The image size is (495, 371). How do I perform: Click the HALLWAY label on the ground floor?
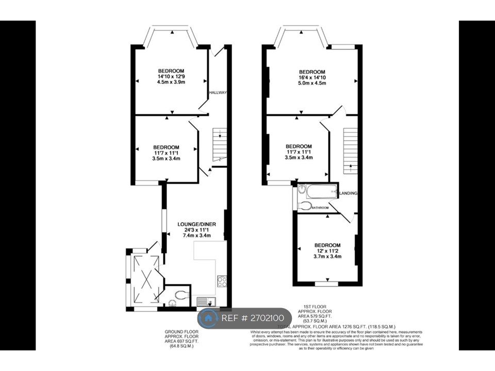point(218,92)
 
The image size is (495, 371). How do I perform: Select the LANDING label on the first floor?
point(349,193)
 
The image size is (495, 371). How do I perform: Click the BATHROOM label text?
point(320,208)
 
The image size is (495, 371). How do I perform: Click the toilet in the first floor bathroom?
point(305,206)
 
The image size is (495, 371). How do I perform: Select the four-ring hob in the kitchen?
point(222,281)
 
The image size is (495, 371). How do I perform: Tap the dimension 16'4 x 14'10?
point(312,77)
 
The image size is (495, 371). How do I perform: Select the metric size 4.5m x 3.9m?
point(171,81)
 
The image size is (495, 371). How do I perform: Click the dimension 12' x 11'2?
point(327,251)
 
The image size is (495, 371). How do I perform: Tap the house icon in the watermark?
point(209,318)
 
